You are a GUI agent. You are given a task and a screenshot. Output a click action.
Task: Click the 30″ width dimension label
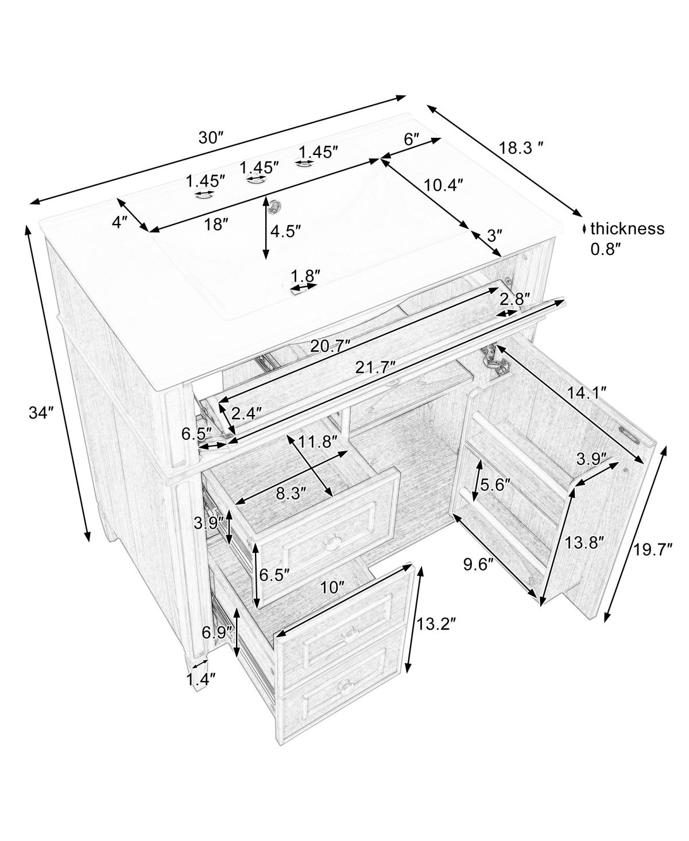tap(211, 138)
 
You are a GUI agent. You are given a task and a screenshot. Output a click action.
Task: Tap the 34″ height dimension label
tap(41, 413)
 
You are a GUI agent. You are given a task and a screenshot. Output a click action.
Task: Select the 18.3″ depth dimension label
tap(522, 148)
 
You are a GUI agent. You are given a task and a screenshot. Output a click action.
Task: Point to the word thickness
tap(628, 229)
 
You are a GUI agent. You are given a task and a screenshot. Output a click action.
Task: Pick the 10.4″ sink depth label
tap(443, 185)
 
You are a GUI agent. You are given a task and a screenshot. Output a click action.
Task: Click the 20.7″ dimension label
tap(331, 346)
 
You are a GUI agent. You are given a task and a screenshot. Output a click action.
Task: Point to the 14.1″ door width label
tap(586, 393)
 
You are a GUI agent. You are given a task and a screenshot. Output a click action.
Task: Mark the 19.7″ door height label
tap(652, 549)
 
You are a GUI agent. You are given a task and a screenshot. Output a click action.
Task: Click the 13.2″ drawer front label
tap(436, 634)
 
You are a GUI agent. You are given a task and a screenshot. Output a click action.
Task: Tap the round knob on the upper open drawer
tap(330, 542)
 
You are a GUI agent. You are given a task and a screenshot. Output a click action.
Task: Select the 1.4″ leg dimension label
tap(201, 679)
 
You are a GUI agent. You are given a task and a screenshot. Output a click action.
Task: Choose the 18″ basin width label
tap(215, 224)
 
